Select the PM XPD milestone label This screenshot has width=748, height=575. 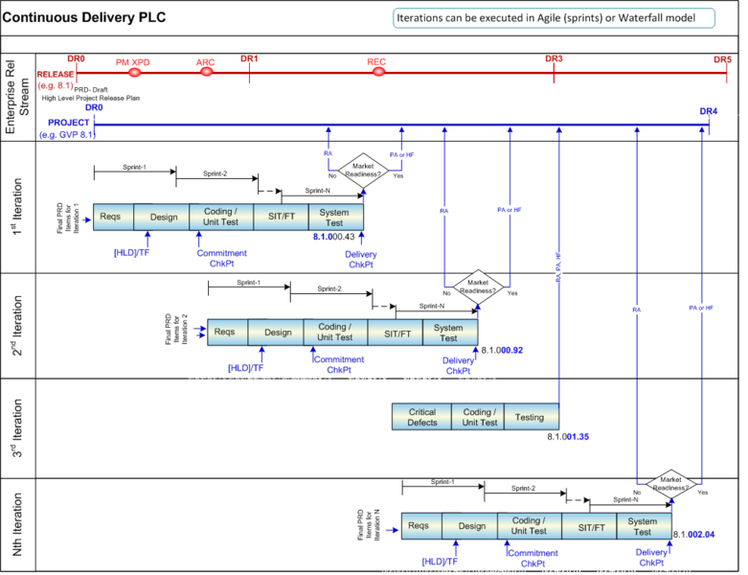coord(134,62)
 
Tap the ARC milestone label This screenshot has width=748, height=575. coord(206,63)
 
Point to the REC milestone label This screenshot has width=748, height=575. coord(376,62)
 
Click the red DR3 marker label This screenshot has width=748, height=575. coord(554,58)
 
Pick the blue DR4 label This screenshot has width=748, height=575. coord(708,111)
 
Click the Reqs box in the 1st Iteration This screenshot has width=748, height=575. coord(110,217)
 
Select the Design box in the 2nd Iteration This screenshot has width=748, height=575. coord(278,333)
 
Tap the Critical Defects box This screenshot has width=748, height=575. coord(421,417)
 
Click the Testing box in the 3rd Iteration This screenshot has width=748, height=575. coord(529,417)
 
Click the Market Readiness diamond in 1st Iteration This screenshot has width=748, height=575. coord(363,170)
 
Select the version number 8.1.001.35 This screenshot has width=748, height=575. coord(568,437)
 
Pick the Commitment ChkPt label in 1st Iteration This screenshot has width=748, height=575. coord(221,259)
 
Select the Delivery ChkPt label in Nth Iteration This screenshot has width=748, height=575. coord(651,558)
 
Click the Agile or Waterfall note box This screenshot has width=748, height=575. coord(554,18)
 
